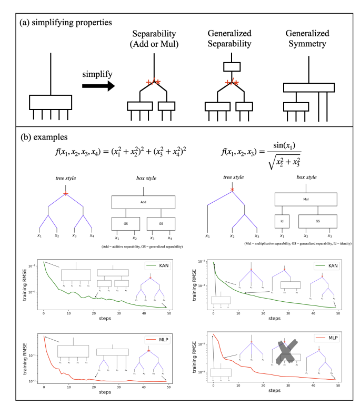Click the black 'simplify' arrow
pyautogui.click(x=96, y=84)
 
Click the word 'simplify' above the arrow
pyautogui.click(x=96, y=69)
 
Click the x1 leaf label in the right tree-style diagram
pyautogui.click(x=207, y=236)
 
